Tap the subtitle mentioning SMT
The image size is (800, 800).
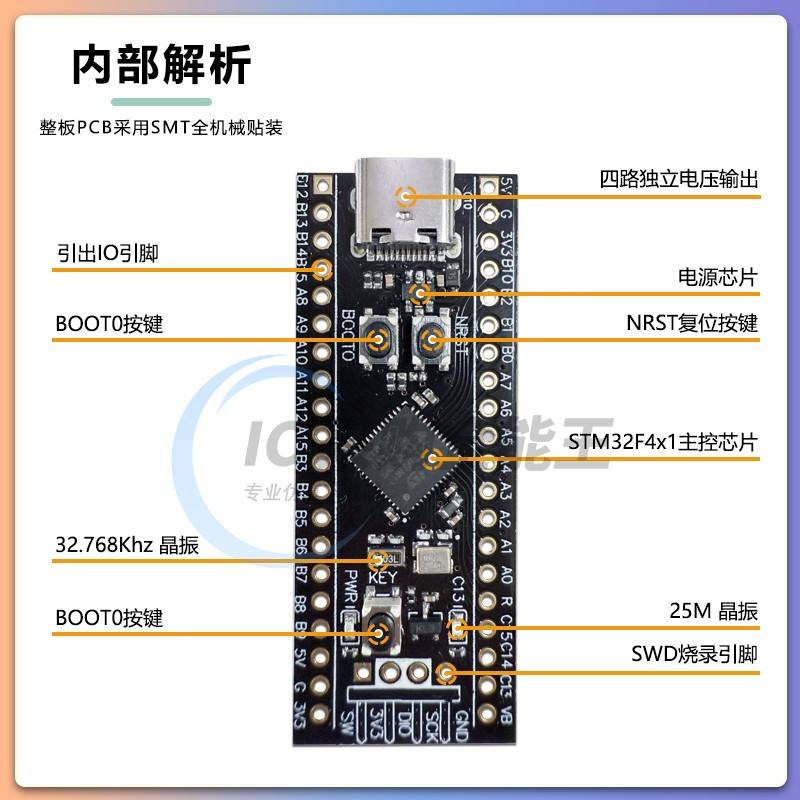pos(161,128)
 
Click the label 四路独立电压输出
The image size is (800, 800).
pos(679,180)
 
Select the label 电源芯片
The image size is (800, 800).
pos(718,277)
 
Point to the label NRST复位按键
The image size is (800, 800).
pos(692,324)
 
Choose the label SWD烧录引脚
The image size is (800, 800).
pos(694,656)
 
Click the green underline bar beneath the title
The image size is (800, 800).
pos(161,102)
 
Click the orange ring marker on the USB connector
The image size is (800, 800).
pos(405,196)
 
